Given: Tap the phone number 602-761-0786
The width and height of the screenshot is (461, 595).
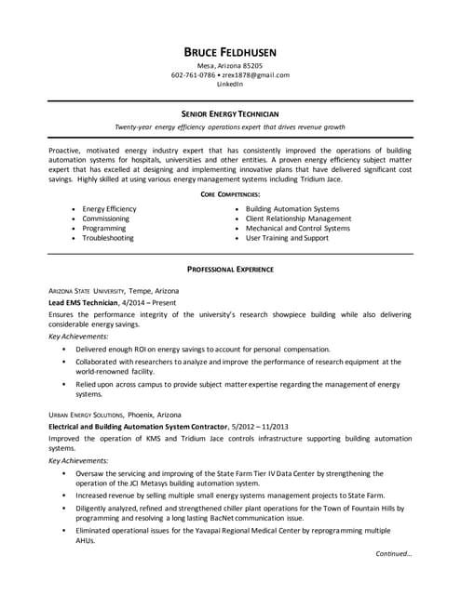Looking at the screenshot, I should click(193, 75).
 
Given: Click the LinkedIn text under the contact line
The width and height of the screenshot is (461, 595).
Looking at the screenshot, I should click(230, 84).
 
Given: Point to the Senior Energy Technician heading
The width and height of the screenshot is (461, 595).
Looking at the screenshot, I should click(230, 112).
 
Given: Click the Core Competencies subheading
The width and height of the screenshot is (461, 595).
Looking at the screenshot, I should click(230, 194).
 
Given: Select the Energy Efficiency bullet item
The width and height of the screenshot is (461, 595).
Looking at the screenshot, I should click(109, 209).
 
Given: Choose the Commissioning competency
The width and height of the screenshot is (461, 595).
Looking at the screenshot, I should click(105, 218).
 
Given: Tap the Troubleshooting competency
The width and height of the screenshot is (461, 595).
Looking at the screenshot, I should click(108, 238).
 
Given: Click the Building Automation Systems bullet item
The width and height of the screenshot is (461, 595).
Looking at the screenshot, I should click(292, 209).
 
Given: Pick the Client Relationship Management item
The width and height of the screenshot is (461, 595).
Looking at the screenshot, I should click(298, 218).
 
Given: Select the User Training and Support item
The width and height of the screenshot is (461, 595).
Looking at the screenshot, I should click(287, 238).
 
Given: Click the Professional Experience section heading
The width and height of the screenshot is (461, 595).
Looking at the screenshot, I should click(230, 269).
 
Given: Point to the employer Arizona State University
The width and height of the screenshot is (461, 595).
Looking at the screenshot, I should click(93, 291).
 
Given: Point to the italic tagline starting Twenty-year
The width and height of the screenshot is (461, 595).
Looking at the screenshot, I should click(230, 126).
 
